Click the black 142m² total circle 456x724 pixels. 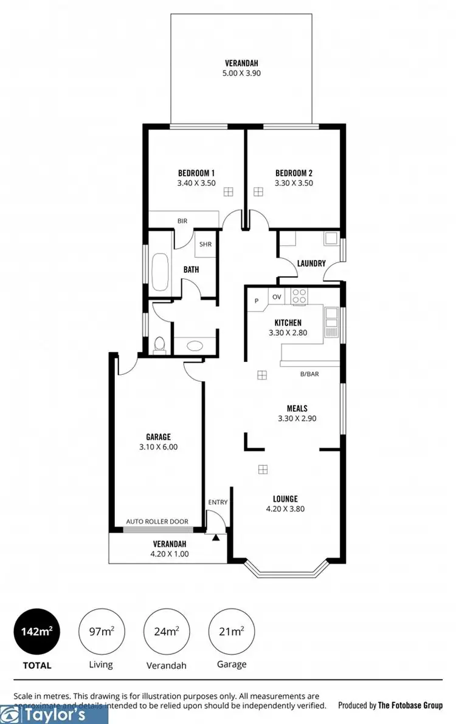coord(36,631)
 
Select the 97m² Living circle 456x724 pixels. coord(101,631)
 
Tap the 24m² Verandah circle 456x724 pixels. coord(166,631)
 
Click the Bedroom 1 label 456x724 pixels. coord(196,172)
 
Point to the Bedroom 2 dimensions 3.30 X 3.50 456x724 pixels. coord(294,183)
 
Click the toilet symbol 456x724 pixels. coord(159,344)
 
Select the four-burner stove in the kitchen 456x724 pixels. coord(299,296)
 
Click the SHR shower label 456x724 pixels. coord(205,245)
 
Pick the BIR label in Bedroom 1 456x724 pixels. coord(182,221)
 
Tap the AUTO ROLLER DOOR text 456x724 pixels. coord(157,521)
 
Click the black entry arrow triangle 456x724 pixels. coord(215,537)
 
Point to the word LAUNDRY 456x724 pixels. coord(311,264)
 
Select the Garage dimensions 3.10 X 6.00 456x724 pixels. coord(158,447)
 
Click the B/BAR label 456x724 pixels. coord(309,374)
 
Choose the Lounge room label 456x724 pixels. coord(285,499)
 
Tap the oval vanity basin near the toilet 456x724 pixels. coord(195,346)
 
